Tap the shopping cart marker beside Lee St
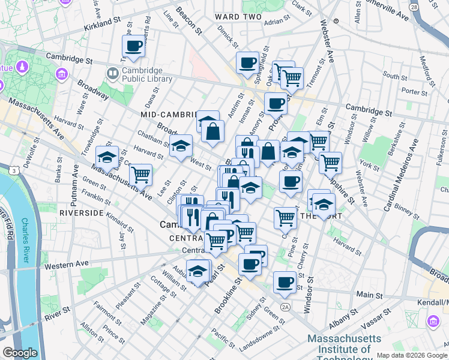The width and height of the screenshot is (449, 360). click(x=140, y=175)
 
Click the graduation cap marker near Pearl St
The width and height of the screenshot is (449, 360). click(x=197, y=271)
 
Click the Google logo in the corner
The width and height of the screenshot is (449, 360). click(x=19, y=353)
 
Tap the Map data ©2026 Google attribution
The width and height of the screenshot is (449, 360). click(x=412, y=355)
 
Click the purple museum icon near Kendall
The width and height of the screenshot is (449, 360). click(x=432, y=322)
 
